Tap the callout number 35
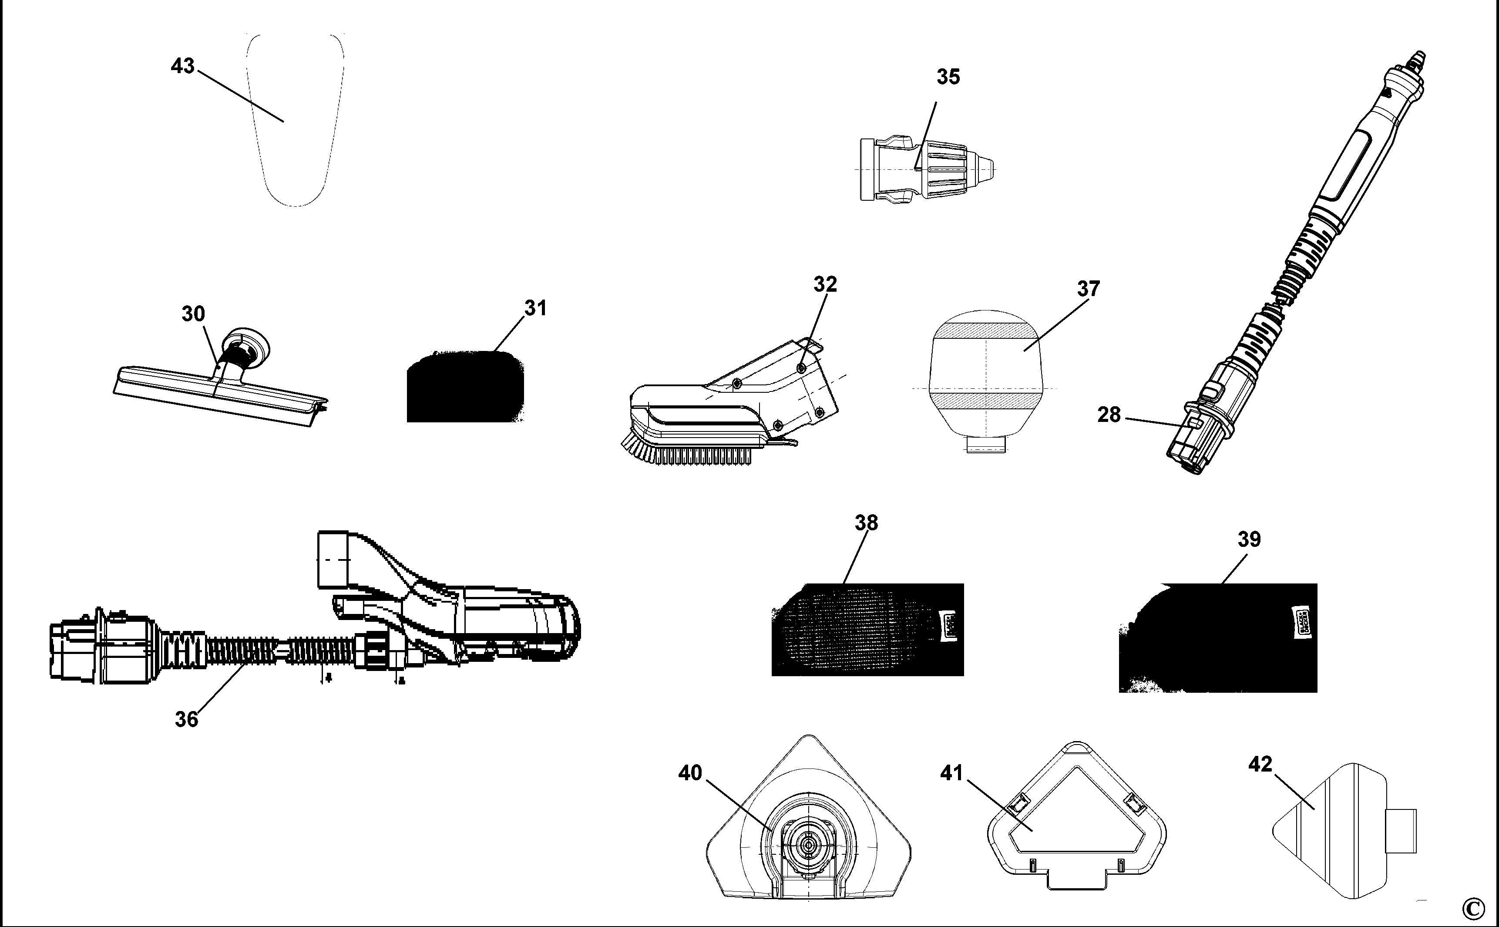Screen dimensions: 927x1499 click(948, 77)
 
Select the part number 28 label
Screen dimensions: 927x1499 click(1109, 415)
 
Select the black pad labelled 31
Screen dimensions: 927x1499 click(465, 388)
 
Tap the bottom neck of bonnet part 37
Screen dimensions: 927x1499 click(986, 444)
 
